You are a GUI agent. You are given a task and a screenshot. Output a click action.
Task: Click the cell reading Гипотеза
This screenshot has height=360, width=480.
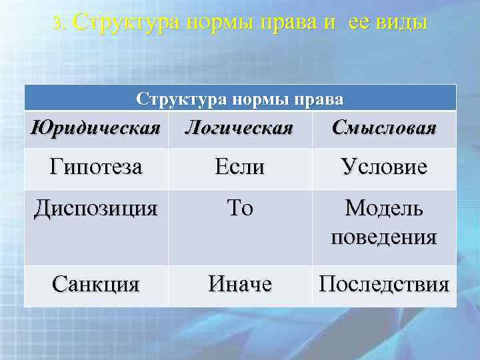tap(95, 167)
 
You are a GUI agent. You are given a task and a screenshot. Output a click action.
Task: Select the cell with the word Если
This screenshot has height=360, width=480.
tap(240, 167)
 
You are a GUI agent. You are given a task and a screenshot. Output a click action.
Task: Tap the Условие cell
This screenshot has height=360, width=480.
tap(383, 167)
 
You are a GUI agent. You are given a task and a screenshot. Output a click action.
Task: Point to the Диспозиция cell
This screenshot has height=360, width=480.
tap(96, 209)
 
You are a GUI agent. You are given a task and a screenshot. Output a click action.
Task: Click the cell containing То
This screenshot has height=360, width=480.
tap(240, 209)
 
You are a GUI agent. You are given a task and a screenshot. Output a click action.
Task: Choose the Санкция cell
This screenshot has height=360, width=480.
tap(96, 285)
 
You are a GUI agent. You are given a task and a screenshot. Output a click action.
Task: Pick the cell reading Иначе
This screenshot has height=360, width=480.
tap(240, 285)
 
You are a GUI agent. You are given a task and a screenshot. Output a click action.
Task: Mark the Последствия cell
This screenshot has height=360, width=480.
tap(384, 285)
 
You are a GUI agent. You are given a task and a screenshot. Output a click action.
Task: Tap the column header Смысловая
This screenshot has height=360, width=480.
tap(384, 127)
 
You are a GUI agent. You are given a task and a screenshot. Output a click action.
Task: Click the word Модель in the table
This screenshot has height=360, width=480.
tap(384, 209)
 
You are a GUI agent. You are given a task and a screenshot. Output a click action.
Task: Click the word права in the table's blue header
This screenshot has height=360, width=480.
tap(319, 100)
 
